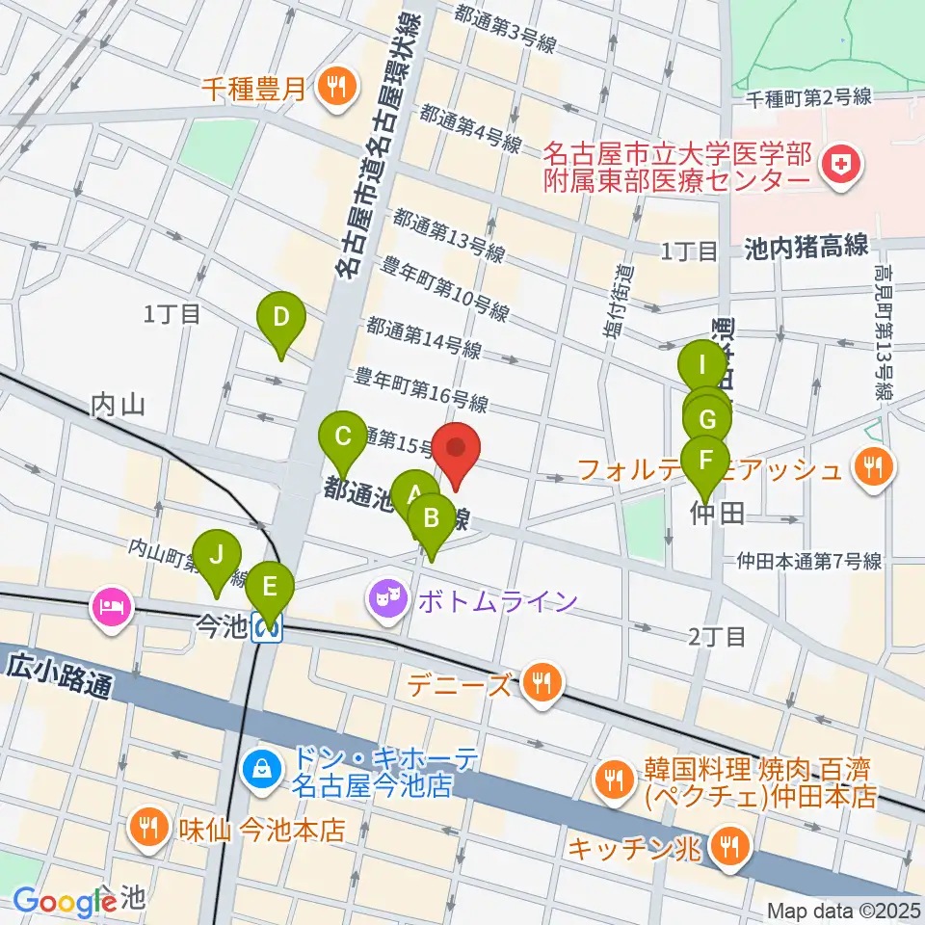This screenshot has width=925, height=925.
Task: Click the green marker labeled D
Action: point(280,318)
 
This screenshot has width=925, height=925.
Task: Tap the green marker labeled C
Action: point(342,437)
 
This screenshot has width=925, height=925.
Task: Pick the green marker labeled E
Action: point(270,587)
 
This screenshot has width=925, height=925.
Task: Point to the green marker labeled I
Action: point(702,366)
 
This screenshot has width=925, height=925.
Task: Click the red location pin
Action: point(457,451)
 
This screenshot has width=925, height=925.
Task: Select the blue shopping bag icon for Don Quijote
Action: point(260,768)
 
